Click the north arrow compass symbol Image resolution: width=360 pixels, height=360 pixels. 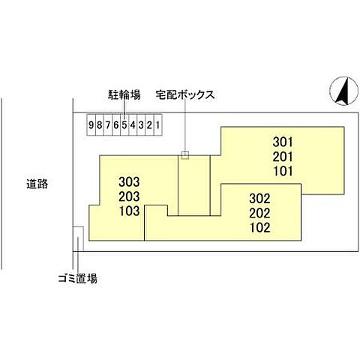pyautogui.click(x=344, y=91)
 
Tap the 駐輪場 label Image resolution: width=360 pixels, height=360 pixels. pyautogui.click(x=124, y=95)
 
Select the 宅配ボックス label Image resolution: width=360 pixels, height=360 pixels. pyautogui.click(x=185, y=95)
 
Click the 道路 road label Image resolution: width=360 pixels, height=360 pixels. pyautogui.click(x=37, y=184)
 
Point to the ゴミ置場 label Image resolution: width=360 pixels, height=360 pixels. pyautogui.click(x=78, y=278)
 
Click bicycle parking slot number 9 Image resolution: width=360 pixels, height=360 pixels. pyautogui.click(x=91, y=124)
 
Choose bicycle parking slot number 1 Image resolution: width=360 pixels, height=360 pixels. pyautogui.click(x=157, y=124)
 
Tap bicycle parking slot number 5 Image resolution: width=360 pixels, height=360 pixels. pyautogui.click(x=124, y=124)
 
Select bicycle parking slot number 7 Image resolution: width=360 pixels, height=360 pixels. pyautogui.click(x=108, y=124)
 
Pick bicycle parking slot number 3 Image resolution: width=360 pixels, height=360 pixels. pyautogui.click(x=141, y=124)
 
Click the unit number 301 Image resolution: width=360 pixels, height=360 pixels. pyautogui.click(x=283, y=142)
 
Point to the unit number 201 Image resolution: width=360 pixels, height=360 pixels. pyautogui.click(x=283, y=157)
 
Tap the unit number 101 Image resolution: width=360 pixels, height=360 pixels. pyautogui.click(x=283, y=171)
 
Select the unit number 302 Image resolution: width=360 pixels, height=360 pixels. pyautogui.click(x=259, y=199)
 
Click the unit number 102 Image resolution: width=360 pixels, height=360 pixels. pyautogui.click(x=259, y=227)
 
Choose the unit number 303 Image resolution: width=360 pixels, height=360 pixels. pyautogui.click(x=129, y=181)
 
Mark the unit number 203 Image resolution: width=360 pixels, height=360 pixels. pyautogui.click(x=129, y=196)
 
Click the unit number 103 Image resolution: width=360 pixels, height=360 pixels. pyautogui.click(x=129, y=211)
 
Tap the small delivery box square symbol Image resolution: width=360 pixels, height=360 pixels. pyautogui.click(x=185, y=155)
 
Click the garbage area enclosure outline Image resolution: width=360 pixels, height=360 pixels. pyautogui.click(x=83, y=238)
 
